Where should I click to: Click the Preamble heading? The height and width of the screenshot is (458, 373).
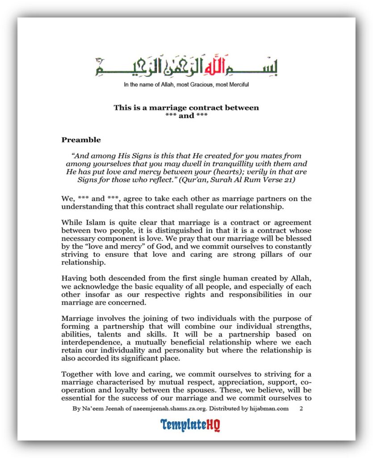click(x=81, y=140)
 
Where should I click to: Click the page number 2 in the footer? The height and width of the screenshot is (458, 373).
click(x=301, y=409)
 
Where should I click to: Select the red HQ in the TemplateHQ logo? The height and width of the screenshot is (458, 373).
click(x=213, y=424)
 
